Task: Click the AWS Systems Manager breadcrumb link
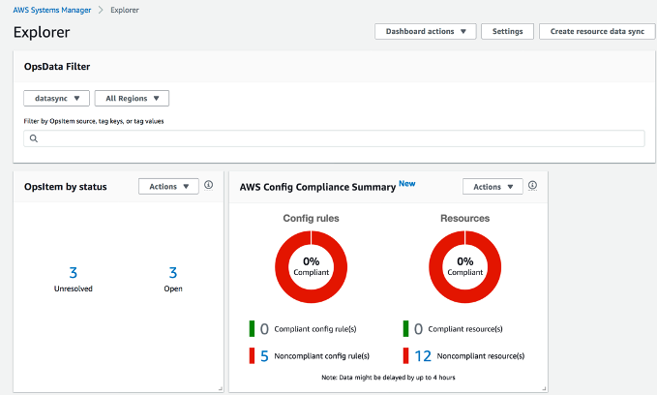click(x=53, y=10)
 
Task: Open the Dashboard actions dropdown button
click(x=425, y=31)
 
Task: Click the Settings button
click(x=507, y=31)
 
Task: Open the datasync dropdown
click(x=56, y=98)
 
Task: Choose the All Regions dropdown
click(x=132, y=98)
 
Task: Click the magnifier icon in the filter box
click(x=33, y=138)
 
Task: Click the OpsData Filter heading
click(x=57, y=66)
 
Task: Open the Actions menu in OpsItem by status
click(x=168, y=186)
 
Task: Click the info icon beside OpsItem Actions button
click(x=209, y=185)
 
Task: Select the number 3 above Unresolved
click(x=73, y=273)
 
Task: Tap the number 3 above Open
click(x=173, y=273)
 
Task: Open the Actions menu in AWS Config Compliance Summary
click(x=493, y=186)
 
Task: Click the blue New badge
click(x=407, y=183)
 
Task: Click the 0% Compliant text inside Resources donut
click(x=465, y=266)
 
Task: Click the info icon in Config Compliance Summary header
click(x=533, y=185)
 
